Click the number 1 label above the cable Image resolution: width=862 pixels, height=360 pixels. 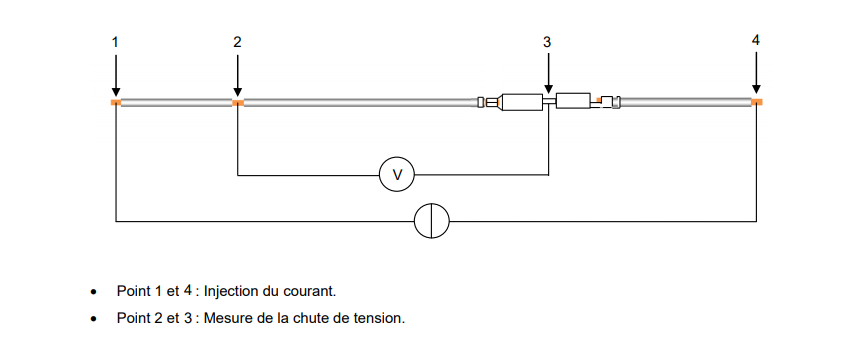115,42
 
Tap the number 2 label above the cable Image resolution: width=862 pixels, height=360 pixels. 237,42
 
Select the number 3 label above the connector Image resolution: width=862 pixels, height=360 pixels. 547,42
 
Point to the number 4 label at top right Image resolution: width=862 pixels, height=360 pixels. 756,40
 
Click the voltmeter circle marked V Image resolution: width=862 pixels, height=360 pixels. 396,175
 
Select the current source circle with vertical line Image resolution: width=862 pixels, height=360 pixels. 432,221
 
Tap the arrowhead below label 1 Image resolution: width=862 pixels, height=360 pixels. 115,92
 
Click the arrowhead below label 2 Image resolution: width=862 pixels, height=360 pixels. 237,92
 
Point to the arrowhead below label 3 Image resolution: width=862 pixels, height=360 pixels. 548,89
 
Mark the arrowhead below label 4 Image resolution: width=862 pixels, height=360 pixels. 756,89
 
